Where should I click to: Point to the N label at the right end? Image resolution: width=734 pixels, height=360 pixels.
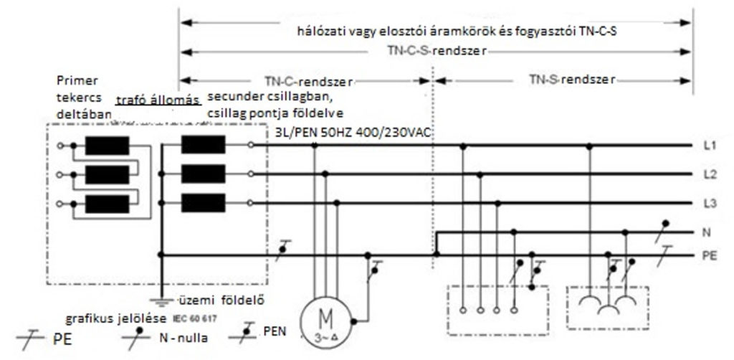pyautogui.click(x=707, y=232)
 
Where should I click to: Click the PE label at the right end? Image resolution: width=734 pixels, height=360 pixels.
pyautogui.click(x=710, y=255)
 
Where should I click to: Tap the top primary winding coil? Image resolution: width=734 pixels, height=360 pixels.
pyautogui.click(x=107, y=146)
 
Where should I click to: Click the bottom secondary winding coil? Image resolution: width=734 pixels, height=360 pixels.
pyautogui.click(x=203, y=202)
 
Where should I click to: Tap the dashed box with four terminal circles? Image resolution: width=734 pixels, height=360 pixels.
pyautogui.click(x=497, y=309)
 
